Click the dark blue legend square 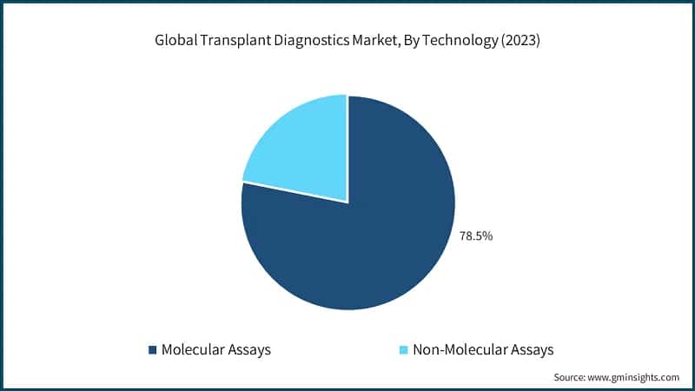click(x=153, y=349)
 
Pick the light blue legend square click(x=403, y=349)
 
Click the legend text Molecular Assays click(x=216, y=349)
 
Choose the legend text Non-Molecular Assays click(x=483, y=349)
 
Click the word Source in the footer click(x=571, y=378)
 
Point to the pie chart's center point click(x=347, y=202)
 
